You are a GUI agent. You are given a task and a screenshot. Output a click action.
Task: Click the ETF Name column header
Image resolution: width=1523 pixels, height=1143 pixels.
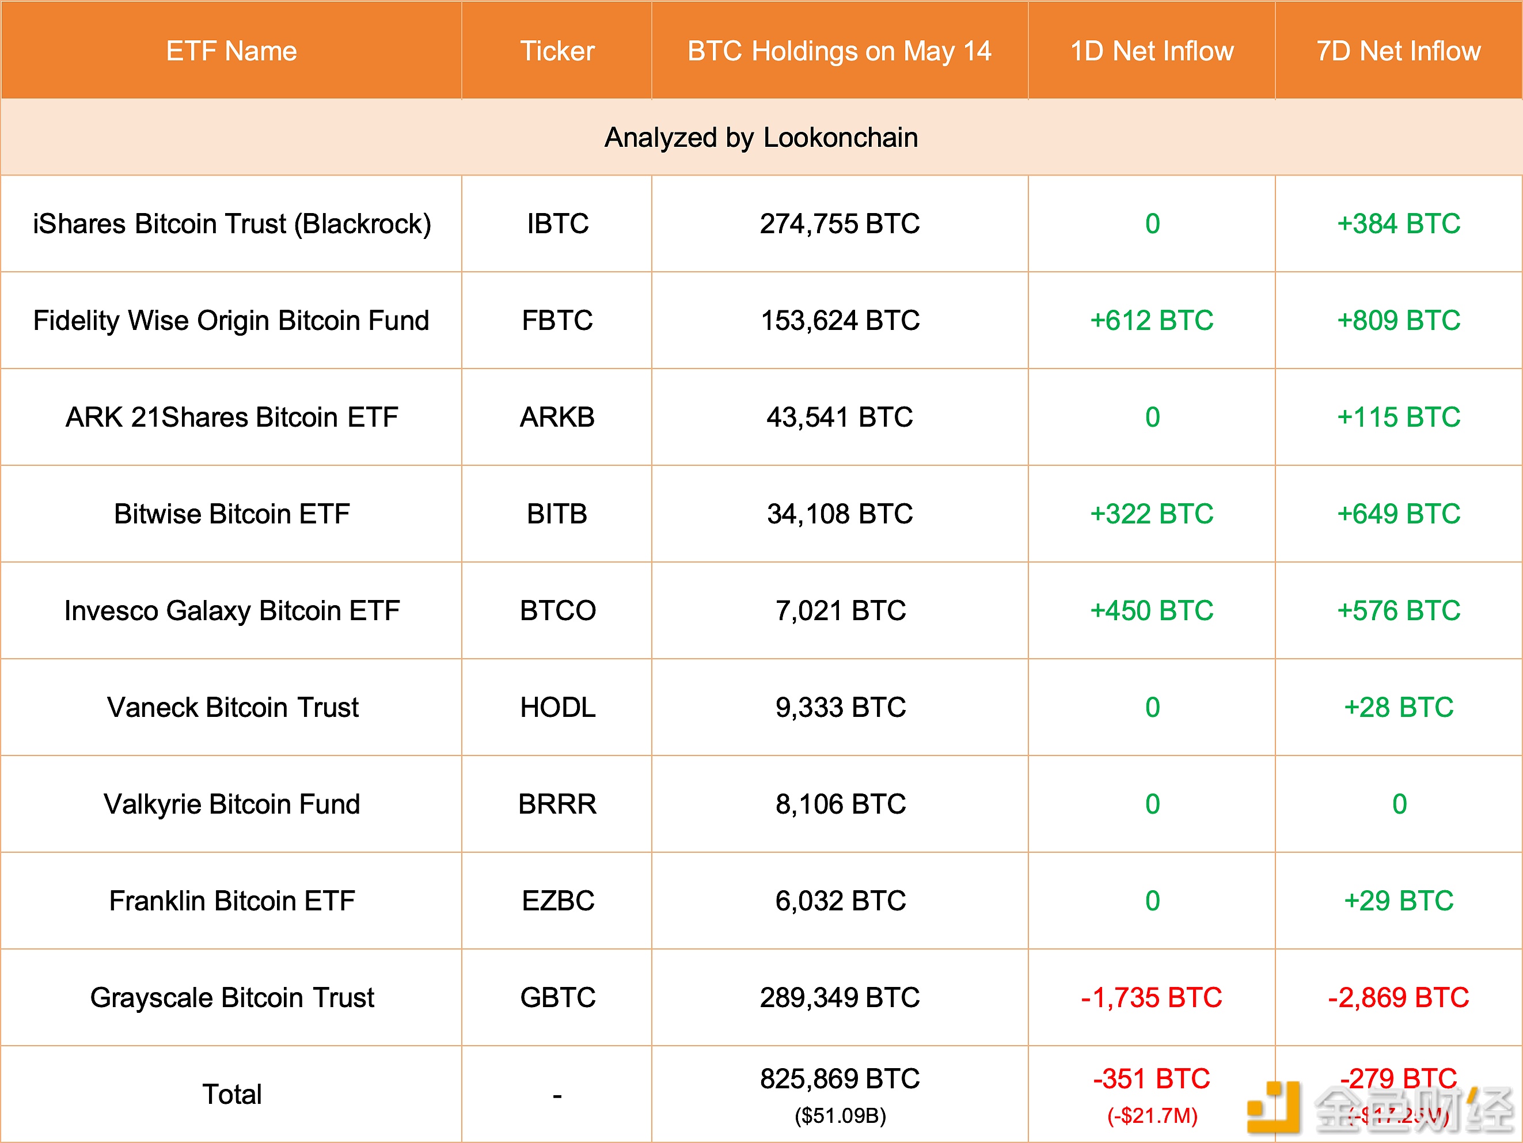pos(231,51)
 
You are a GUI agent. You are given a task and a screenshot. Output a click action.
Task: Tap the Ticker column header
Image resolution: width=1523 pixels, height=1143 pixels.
pos(557,51)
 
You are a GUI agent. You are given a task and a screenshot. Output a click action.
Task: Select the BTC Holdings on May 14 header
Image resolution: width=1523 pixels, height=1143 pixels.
pos(840,51)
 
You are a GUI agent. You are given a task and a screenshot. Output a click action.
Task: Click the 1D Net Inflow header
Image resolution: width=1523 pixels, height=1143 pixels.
pos(1152,51)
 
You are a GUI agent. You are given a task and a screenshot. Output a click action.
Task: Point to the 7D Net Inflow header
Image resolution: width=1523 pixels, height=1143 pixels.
pos(1399,51)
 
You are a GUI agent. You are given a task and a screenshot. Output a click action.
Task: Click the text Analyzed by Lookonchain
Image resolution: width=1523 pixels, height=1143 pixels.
pos(761,138)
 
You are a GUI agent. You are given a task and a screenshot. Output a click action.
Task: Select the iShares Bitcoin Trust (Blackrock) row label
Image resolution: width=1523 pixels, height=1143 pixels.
pos(232,224)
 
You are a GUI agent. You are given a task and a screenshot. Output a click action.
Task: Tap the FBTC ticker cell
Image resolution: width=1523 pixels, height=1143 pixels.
pos(557,320)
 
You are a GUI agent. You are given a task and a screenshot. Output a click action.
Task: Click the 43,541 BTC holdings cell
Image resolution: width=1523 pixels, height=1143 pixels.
pos(840,417)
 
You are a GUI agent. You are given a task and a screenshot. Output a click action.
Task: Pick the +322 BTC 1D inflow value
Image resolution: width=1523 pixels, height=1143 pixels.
pos(1152,514)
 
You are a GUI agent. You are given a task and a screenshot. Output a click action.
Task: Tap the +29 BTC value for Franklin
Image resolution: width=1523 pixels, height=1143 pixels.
pos(1399,901)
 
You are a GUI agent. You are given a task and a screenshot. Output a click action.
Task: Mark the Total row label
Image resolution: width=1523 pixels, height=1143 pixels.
pos(232,1094)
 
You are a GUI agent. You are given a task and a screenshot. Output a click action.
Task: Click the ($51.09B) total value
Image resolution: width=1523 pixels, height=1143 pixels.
pos(840,1115)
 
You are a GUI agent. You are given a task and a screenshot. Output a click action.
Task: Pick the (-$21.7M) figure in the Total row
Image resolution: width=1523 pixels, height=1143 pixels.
pos(1152,1115)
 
